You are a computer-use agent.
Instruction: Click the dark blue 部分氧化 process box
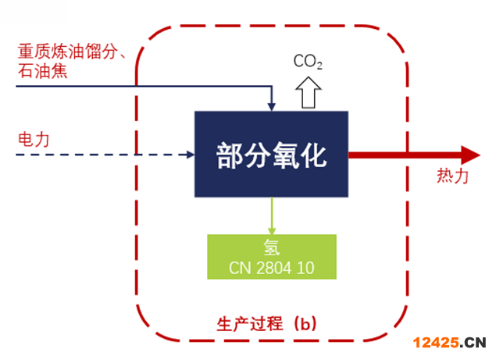pyautogui.click(x=270, y=153)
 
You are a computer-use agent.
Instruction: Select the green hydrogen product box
pyautogui.click(x=271, y=257)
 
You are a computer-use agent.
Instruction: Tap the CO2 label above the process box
pyautogui.click(x=306, y=62)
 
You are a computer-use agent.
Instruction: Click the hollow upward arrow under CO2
pyautogui.click(x=307, y=92)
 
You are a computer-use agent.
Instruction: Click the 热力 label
pyautogui.click(x=453, y=176)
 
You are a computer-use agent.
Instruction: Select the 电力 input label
pyautogui.click(x=34, y=139)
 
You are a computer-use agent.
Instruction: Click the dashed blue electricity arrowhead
pyautogui.click(x=188, y=155)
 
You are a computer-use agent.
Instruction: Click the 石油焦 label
pyautogui.click(x=41, y=72)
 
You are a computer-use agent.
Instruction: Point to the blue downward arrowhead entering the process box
pyautogui.click(x=271, y=105)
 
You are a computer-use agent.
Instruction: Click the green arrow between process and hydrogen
pyautogui.click(x=271, y=215)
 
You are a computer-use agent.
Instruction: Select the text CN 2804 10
pyautogui.click(x=271, y=268)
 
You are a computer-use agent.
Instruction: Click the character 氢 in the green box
pyautogui.click(x=271, y=249)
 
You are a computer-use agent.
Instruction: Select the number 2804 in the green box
pyautogui.click(x=274, y=268)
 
